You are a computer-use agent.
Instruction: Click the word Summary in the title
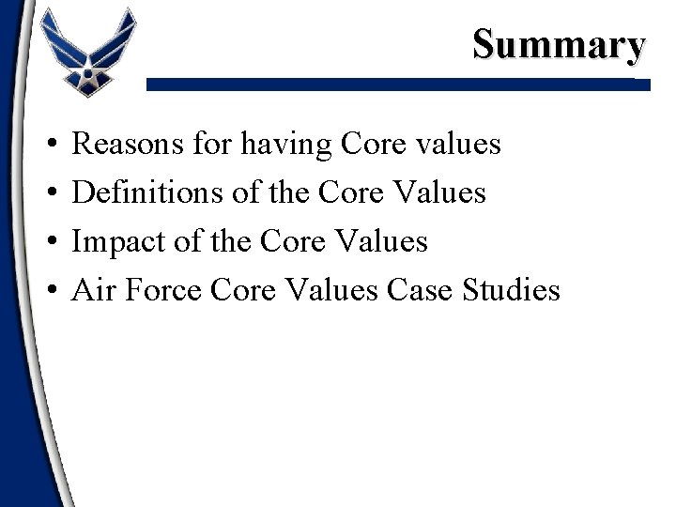pyautogui.click(x=560, y=44)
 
